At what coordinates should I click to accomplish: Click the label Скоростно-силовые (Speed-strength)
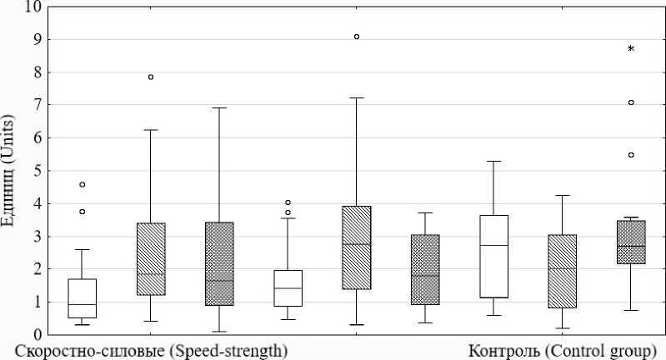tap(150, 350)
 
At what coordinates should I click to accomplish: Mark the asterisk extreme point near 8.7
tap(631, 49)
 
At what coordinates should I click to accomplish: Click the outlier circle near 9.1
tap(357, 37)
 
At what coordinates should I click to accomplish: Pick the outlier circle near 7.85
tap(151, 77)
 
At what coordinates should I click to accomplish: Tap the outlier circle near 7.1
tap(631, 102)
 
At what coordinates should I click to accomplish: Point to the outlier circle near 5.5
tap(631, 155)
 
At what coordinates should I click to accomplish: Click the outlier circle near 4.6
tap(82, 184)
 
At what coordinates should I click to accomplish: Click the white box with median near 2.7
tap(493, 256)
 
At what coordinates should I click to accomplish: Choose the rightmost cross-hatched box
tap(631, 242)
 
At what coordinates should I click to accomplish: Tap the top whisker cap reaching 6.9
tap(219, 107)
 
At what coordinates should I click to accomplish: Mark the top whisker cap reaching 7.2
tap(357, 97)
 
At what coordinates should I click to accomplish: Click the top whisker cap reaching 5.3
tap(493, 161)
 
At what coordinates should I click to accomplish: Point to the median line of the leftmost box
tap(82, 305)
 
